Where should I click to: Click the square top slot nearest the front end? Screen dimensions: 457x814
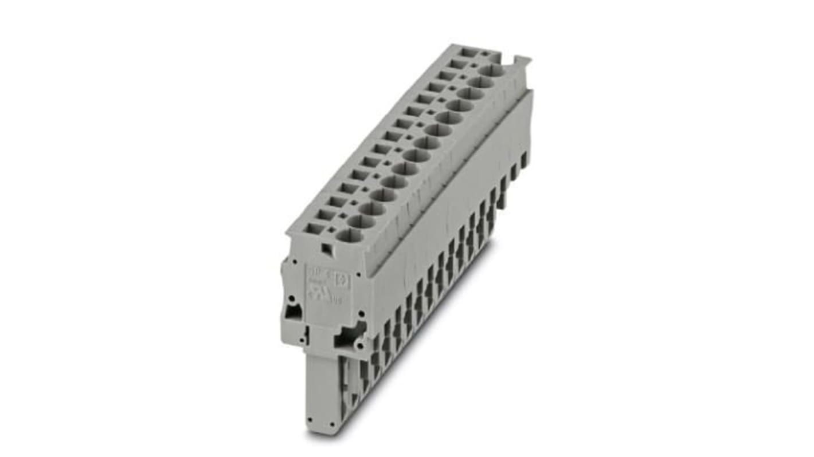coord(313,228)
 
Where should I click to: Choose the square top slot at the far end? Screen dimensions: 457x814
coord(469,52)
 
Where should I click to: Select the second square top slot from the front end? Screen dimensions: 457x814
coord(325,215)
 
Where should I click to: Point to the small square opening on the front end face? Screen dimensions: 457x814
coord(326,248)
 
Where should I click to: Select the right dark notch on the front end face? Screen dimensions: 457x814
coord(348,337)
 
